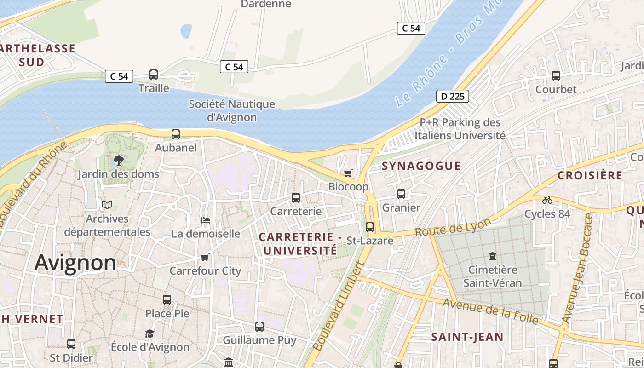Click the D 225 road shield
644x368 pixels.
(x=452, y=96)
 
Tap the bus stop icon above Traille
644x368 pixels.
(x=154, y=74)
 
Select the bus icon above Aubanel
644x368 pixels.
(x=176, y=134)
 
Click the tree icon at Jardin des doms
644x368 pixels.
(x=119, y=161)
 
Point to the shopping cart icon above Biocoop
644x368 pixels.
(x=348, y=173)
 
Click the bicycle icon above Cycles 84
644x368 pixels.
(x=547, y=200)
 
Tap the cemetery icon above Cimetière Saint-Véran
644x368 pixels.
(x=493, y=256)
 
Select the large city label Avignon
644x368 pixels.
(x=75, y=263)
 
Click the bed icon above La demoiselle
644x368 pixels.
(x=206, y=220)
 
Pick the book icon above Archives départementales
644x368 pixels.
(x=107, y=205)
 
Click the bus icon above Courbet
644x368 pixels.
(x=556, y=75)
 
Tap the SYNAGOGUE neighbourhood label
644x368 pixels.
(x=421, y=166)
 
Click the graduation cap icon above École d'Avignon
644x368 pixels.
(x=149, y=333)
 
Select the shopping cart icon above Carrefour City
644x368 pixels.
(x=205, y=257)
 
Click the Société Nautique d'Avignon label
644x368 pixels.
(x=232, y=110)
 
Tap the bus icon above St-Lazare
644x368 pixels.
(x=370, y=227)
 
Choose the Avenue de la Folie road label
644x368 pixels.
(x=490, y=311)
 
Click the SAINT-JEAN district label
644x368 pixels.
(x=467, y=337)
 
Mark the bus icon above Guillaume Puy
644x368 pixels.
(x=259, y=327)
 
